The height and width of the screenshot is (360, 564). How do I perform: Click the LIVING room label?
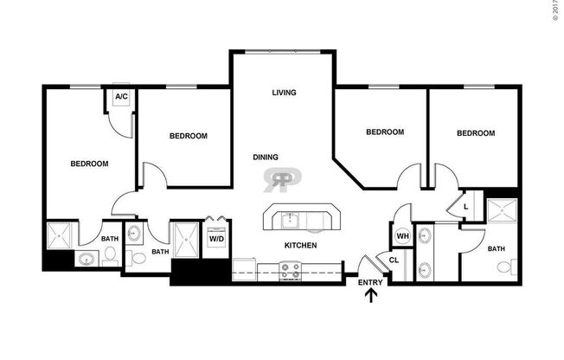pos(285,93)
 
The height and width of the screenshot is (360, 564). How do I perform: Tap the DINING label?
pos(266,157)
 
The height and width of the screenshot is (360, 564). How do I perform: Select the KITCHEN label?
pos(300,246)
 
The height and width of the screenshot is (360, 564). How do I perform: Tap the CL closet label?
pos(394,260)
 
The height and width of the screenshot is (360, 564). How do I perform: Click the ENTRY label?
pos(370,282)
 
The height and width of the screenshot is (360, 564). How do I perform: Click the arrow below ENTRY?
pos(372,297)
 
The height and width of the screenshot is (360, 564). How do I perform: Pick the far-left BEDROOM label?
pos(89,164)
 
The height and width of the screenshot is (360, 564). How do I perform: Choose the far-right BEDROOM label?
pos(475,133)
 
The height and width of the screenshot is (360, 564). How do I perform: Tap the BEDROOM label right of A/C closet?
pos(188,136)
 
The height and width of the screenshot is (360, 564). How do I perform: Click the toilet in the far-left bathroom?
pos(111,255)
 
